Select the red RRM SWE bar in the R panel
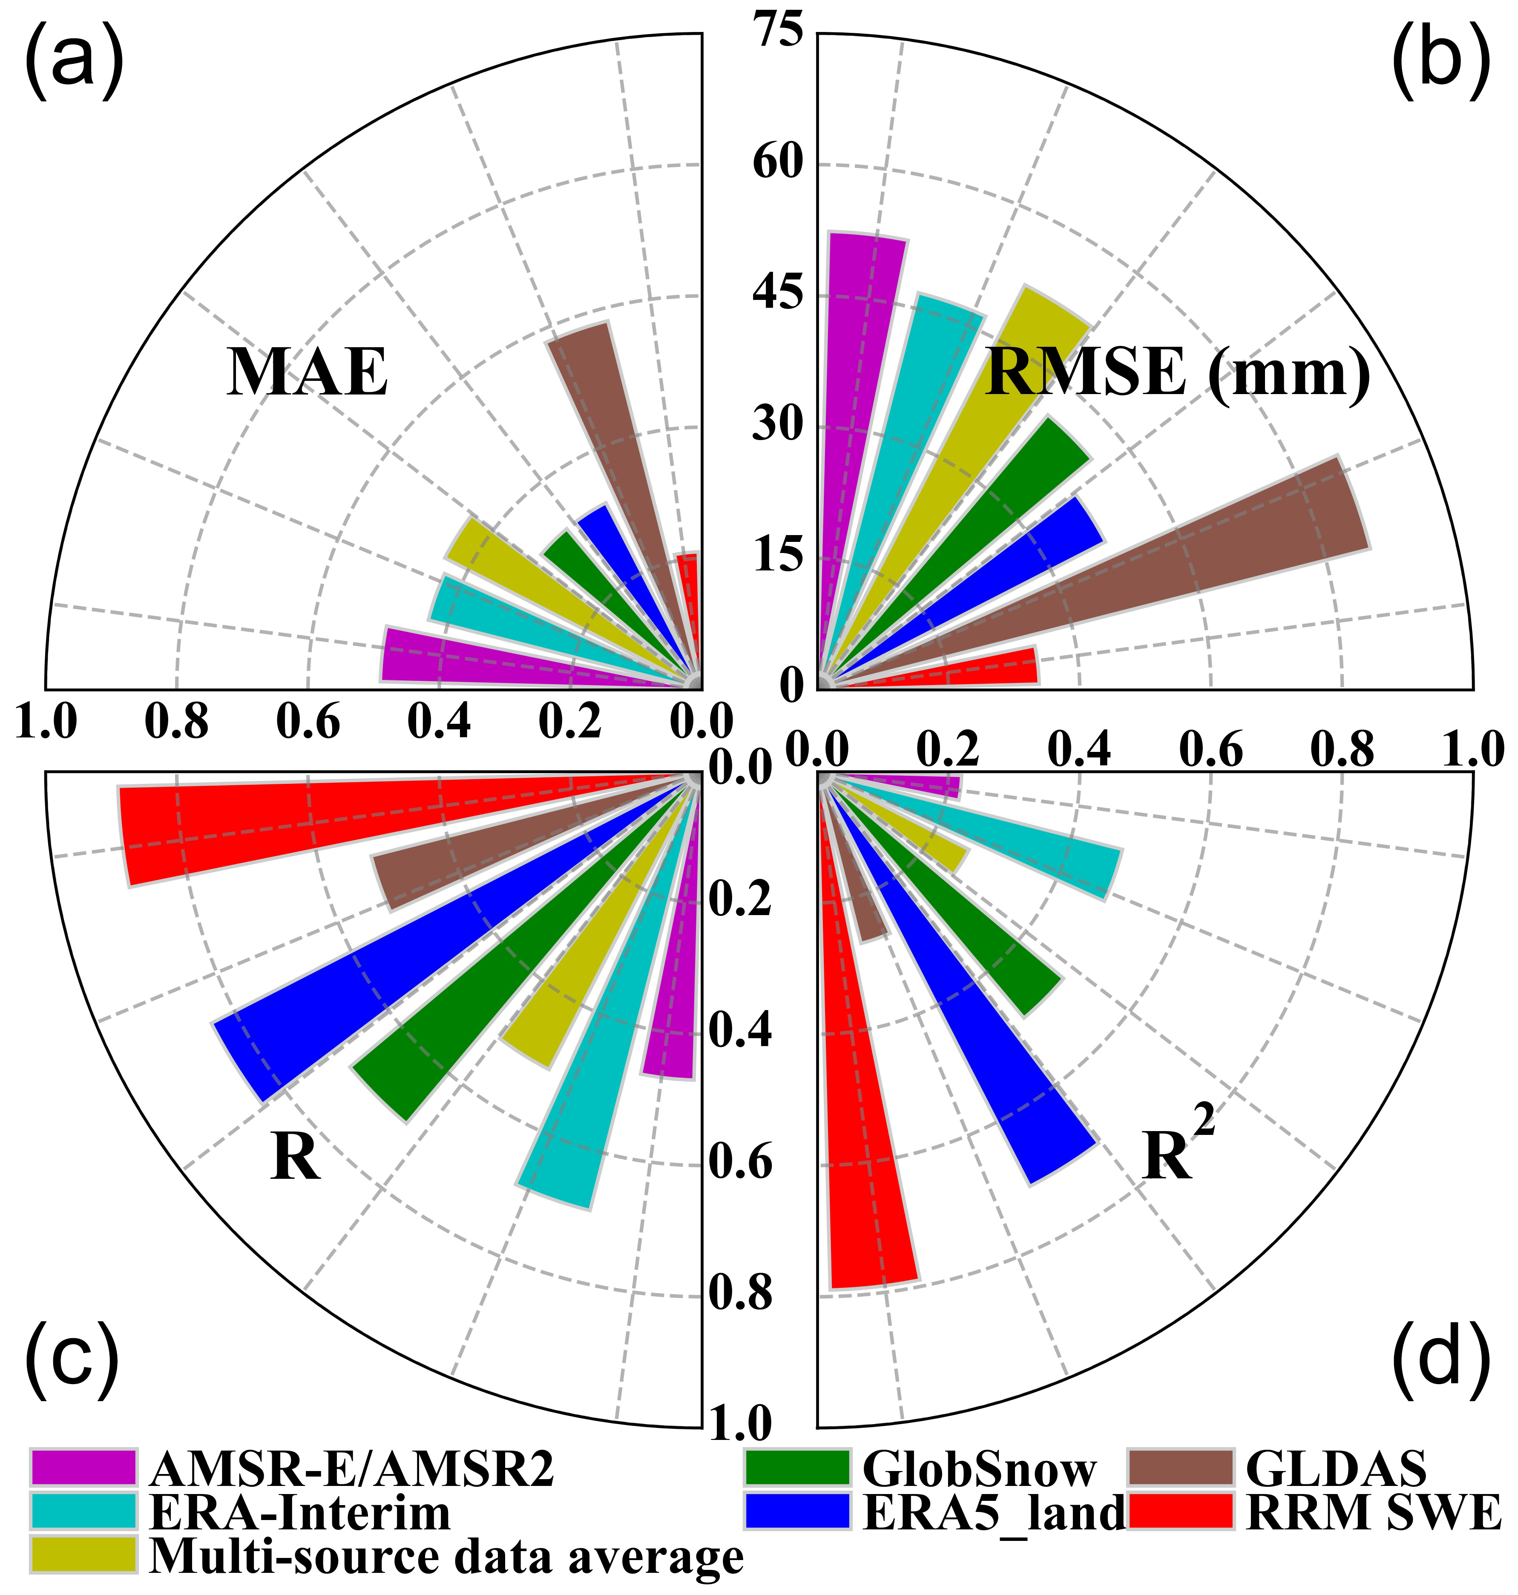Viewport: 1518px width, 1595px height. [324, 826]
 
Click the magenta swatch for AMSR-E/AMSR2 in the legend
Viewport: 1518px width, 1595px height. [83, 1467]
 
